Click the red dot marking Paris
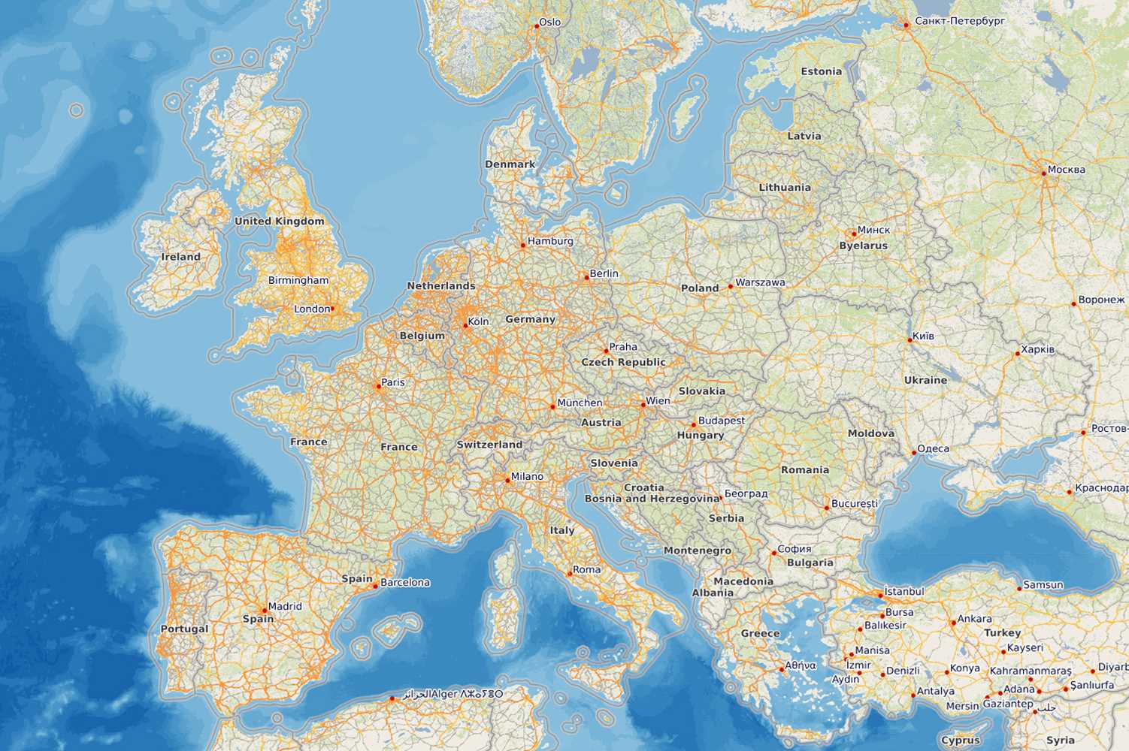tap(378, 387)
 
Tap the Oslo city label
tap(549, 22)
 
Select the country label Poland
tap(699, 288)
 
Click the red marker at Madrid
tap(263, 611)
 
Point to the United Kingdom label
tap(279, 221)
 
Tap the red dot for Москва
tap(1044, 173)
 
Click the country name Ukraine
tap(925, 380)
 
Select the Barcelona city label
tap(405, 582)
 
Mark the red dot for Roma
tap(569, 574)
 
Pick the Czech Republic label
tap(623, 362)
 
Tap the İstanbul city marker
tap(881, 596)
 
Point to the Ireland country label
tap(180, 257)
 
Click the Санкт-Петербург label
tap(960, 20)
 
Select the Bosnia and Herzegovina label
tap(652, 499)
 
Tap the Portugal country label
tap(184, 629)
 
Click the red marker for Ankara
tap(953, 623)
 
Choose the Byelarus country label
tap(863, 246)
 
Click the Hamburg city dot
tap(523, 245)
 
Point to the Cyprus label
tap(960, 740)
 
